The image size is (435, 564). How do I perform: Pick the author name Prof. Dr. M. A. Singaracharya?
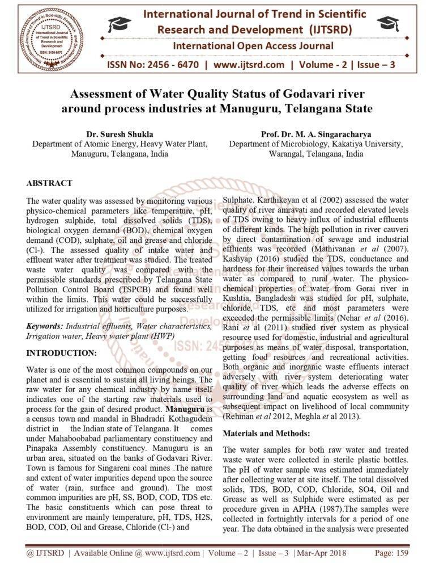316,134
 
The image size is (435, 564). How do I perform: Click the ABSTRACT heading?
49,183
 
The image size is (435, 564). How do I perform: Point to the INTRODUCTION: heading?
62,352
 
